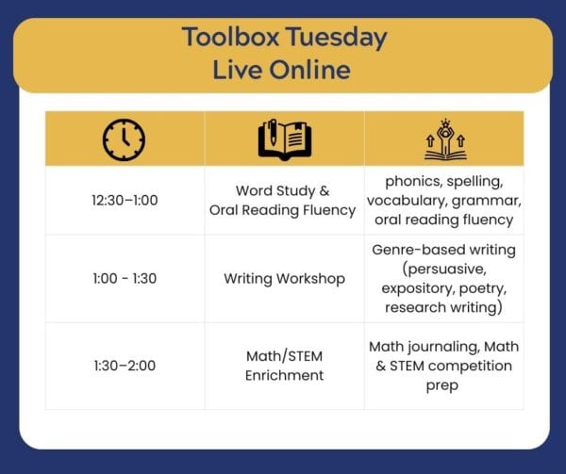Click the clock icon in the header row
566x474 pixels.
[124, 139]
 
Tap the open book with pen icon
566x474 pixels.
[285, 139]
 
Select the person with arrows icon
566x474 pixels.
[445, 139]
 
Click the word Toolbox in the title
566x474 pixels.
[231, 37]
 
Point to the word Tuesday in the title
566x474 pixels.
[337, 39]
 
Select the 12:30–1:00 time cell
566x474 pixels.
[125, 201]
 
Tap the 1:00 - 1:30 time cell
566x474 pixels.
[125, 279]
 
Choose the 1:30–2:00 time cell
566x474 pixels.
[125, 366]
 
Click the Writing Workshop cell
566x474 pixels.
[285, 279]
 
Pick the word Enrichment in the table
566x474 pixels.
[285, 376]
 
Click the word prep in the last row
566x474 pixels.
[442, 386]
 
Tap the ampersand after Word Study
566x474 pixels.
[325, 190]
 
